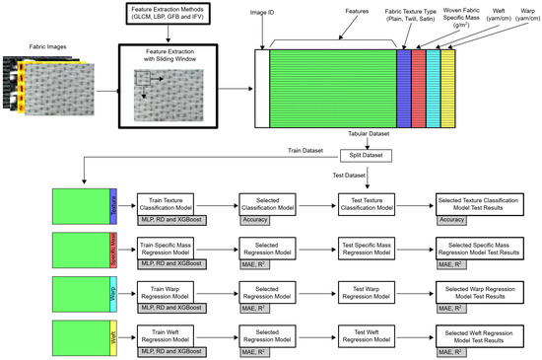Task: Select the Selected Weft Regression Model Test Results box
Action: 480,338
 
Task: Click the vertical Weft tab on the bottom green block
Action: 115,340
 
